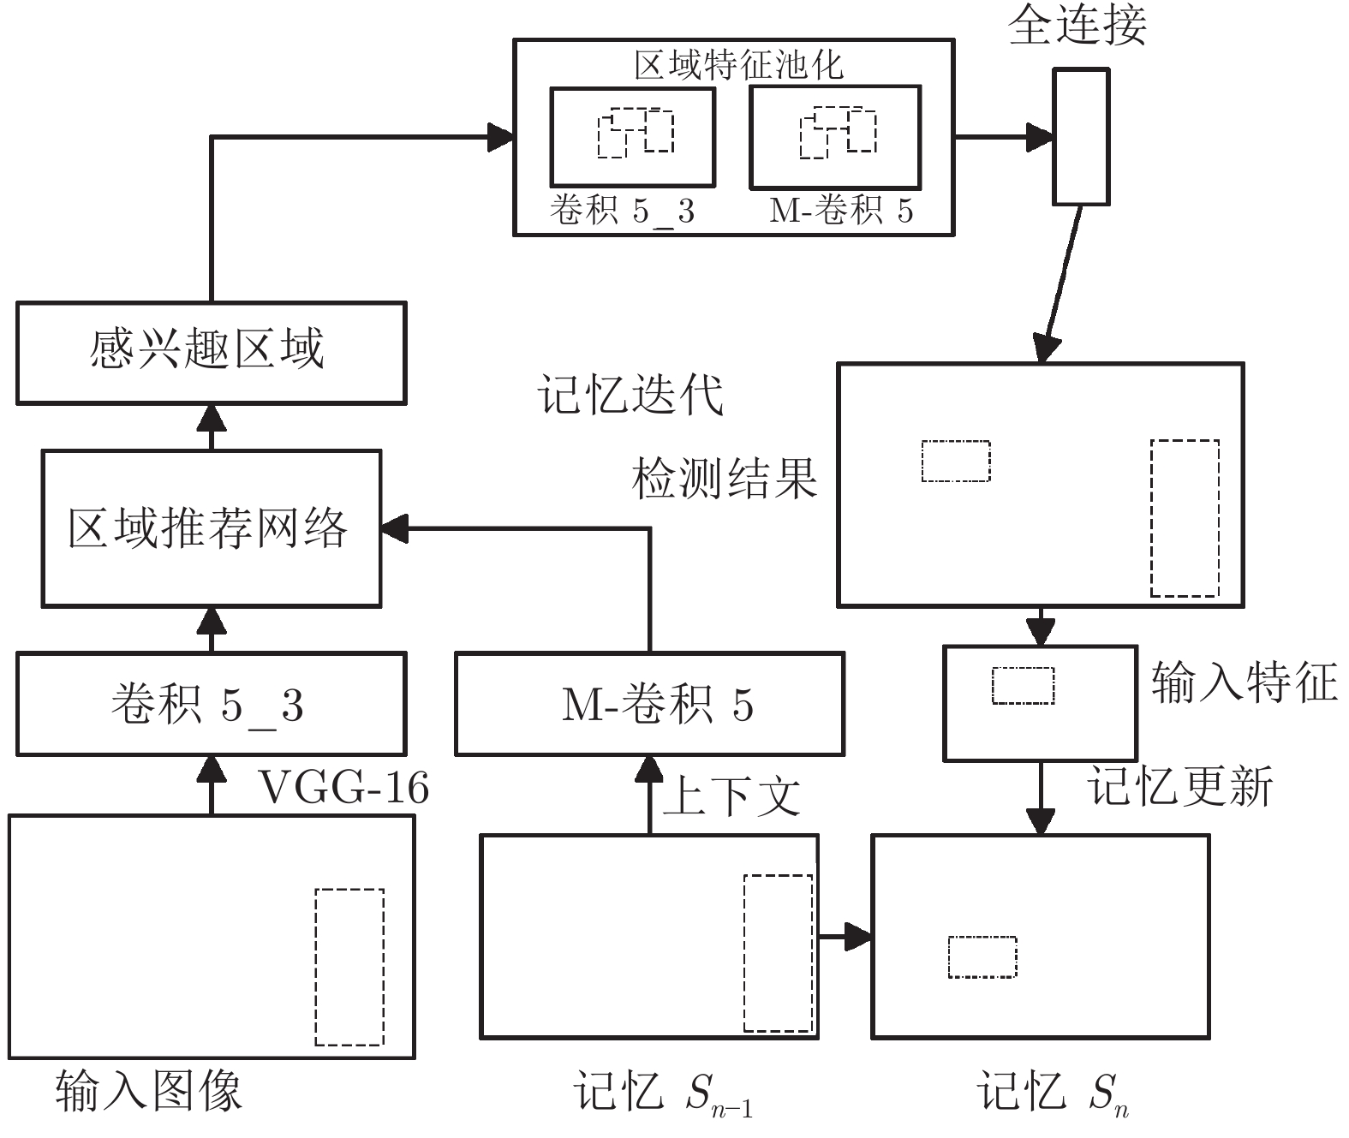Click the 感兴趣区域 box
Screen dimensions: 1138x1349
pos(211,352)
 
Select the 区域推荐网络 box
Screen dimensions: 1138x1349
pos(211,528)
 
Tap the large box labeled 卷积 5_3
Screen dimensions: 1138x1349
pos(211,704)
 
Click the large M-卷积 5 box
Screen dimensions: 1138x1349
pos(649,704)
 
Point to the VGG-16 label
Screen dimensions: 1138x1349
pos(343,787)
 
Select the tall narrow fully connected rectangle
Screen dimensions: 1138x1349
pos(1081,137)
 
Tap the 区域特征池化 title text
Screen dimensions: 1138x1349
pos(738,65)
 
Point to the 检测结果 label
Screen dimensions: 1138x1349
pos(725,478)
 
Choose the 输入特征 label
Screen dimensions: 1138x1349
pos(1244,682)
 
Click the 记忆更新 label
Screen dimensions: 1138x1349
pos(1180,785)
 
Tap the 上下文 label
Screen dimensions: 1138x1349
pos(731,795)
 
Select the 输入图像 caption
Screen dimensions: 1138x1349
pos(149,1091)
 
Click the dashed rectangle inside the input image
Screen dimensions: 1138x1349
pos(349,967)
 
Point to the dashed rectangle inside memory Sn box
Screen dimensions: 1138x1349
pos(982,956)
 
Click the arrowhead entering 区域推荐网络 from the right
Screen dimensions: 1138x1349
pos(394,528)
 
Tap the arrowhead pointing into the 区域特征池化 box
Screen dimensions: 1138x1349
pos(501,136)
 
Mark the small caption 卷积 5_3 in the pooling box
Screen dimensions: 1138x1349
pos(622,211)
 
